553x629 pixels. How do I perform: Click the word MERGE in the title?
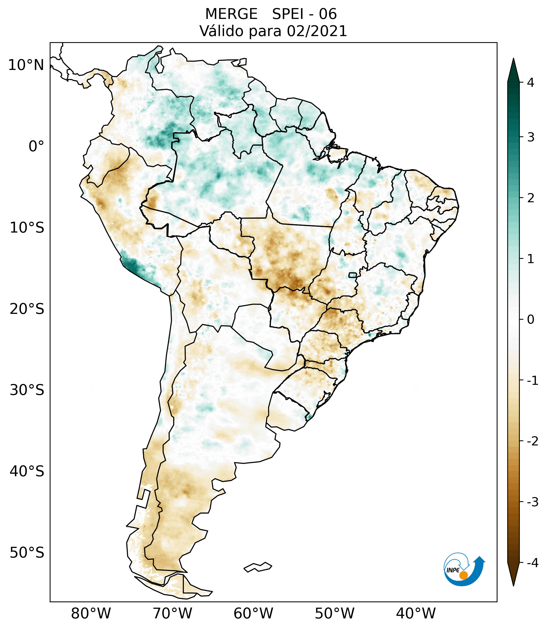pyautogui.click(x=231, y=14)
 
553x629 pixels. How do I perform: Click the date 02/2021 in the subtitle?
pyautogui.click(x=317, y=31)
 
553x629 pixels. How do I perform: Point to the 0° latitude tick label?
pyautogui.click(x=36, y=146)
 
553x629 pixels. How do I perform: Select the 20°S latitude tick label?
pyautogui.click(x=27, y=309)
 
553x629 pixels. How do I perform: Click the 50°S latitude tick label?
pyautogui.click(x=27, y=553)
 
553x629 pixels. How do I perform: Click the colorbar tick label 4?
pyautogui.click(x=531, y=83)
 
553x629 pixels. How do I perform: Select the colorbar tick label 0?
pyautogui.click(x=531, y=320)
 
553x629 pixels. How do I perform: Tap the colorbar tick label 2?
pyautogui.click(x=531, y=198)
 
